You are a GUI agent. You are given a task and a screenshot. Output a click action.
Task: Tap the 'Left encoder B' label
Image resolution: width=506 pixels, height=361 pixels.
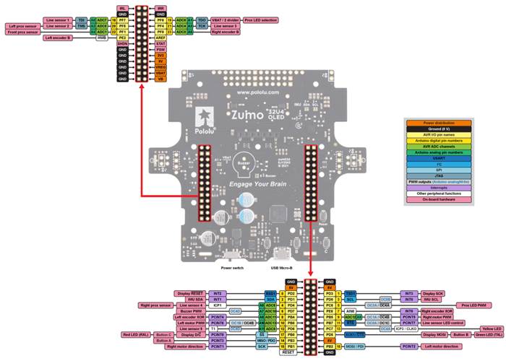(59, 38)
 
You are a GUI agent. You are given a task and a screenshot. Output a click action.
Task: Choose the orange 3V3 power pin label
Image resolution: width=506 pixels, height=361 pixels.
(161, 55)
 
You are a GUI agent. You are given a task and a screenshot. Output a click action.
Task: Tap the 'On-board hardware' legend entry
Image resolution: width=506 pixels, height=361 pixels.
(443, 200)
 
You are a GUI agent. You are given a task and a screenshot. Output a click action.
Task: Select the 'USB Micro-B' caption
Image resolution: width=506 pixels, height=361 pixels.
(283, 268)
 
